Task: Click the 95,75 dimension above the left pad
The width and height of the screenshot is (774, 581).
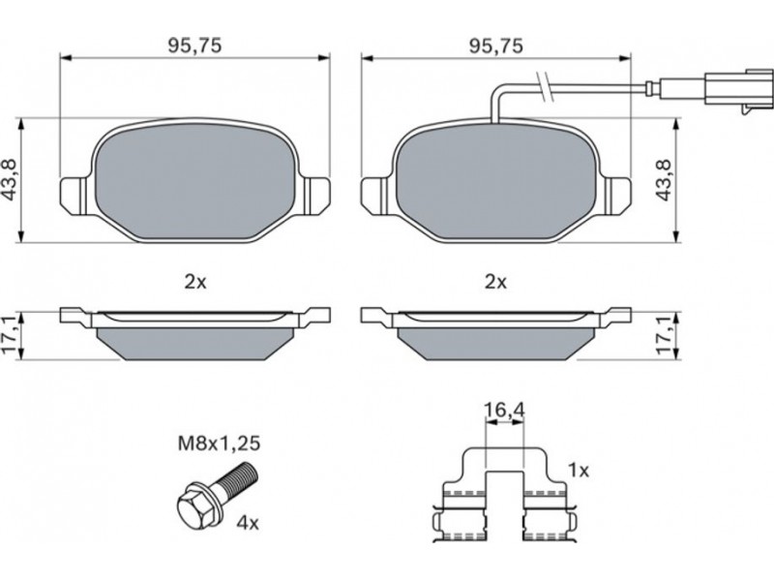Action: [x=195, y=46]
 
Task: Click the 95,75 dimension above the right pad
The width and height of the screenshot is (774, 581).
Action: [x=495, y=46]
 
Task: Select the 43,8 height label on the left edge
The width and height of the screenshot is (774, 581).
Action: [x=10, y=180]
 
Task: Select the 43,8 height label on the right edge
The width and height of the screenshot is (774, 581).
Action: [x=664, y=180]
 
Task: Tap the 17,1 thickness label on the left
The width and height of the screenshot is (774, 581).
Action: [x=10, y=336]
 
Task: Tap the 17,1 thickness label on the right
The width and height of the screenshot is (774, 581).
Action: [x=664, y=336]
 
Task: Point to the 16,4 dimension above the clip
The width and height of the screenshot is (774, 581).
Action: [x=504, y=410]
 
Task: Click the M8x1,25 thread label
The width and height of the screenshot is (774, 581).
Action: [x=219, y=443]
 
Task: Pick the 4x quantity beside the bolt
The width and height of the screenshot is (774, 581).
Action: [x=248, y=523]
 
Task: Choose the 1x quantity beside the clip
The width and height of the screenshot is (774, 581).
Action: [x=579, y=471]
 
